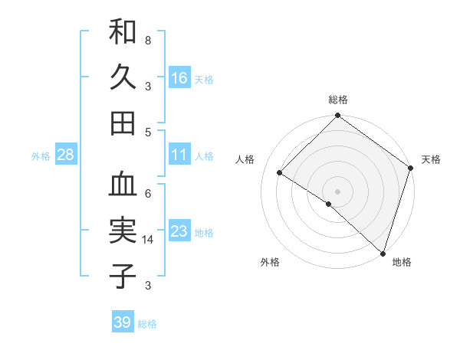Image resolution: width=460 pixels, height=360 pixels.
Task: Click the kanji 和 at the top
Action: (123, 31)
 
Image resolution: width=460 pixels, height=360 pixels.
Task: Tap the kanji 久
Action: (123, 77)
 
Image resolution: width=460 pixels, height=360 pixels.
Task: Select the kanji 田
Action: (123, 123)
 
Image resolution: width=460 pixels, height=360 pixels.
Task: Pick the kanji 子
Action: (123, 276)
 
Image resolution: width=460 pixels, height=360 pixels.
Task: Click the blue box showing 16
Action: (179, 77)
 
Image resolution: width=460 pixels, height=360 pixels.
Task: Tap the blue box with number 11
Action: (179, 155)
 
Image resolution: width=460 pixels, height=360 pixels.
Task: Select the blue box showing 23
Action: (179, 231)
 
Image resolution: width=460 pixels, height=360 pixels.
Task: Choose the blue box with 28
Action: (65, 155)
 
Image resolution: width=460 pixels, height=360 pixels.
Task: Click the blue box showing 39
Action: (123, 322)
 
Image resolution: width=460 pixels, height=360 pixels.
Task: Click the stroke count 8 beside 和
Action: (148, 40)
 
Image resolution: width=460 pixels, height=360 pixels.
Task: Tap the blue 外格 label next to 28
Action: (41, 156)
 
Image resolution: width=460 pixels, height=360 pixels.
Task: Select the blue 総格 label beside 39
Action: (147, 324)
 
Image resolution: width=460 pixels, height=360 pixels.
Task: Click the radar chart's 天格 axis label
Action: (431, 159)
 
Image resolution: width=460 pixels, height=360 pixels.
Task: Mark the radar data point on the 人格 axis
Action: (280, 173)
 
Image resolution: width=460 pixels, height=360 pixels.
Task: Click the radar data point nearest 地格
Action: (383, 252)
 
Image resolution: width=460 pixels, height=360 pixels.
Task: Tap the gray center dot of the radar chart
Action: (337, 191)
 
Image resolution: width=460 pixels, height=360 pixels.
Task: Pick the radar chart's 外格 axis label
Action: (270, 262)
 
